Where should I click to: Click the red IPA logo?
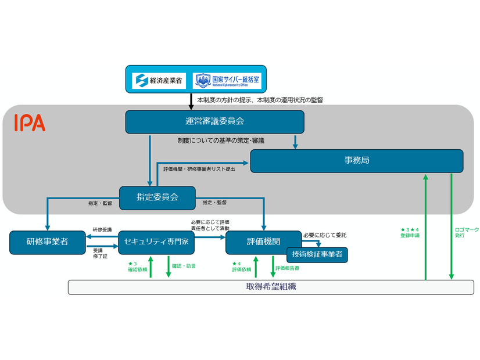click(x=30, y=123)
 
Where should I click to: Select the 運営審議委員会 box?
click(x=214, y=122)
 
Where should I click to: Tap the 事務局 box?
click(x=356, y=161)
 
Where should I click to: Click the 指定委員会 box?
click(x=157, y=197)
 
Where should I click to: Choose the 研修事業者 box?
click(x=47, y=242)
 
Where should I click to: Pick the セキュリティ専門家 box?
click(x=156, y=242)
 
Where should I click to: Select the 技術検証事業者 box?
click(x=317, y=254)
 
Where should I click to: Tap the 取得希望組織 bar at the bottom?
click(x=271, y=287)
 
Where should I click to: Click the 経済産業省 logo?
click(x=158, y=80)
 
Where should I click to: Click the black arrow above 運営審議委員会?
click(x=191, y=101)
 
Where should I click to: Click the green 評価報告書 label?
click(x=288, y=268)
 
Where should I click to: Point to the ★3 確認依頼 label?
click(x=137, y=267)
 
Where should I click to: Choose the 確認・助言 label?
click(x=184, y=266)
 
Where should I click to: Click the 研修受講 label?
click(x=102, y=230)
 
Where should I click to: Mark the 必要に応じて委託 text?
click(x=324, y=235)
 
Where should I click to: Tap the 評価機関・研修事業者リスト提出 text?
click(x=200, y=168)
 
